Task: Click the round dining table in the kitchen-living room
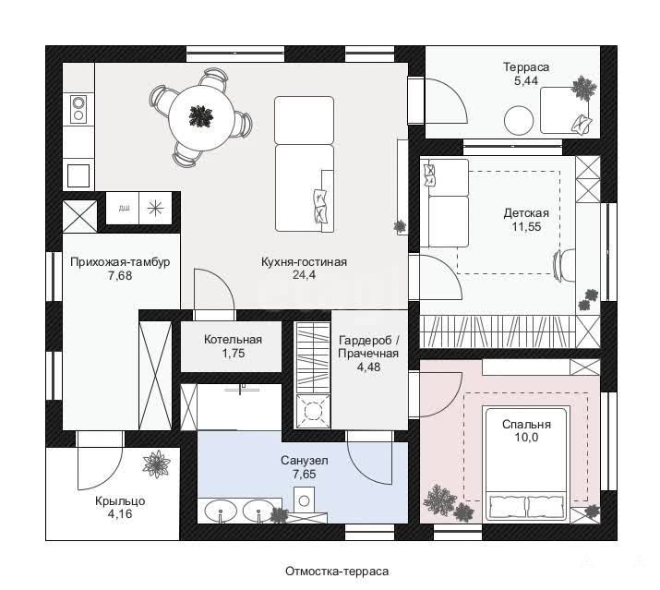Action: (x=201, y=118)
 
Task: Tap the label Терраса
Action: (x=526, y=67)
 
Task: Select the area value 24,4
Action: (x=304, y=275)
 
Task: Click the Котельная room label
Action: (x=233, y=340)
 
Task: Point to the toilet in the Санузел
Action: (x=304, y=500)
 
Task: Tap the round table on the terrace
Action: (x=519, y=120)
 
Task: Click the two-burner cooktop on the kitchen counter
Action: (x=78, y=109)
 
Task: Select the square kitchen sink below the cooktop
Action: (x=78, y=175)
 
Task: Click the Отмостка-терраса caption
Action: (x=337, y=572)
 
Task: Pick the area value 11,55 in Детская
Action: (x=526, y=227)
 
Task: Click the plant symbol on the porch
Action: (x=156, y=464)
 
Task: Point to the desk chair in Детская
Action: (x=564, y=265)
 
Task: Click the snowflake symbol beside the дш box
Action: (x=155, y=208)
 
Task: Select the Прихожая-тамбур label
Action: (x=120, y=262)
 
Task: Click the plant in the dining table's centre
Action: (x=201, y=115)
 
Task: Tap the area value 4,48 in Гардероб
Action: (x=368, y=367)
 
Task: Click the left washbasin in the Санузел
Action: (x=220, y=512)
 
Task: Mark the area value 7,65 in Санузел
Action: (x=304, y=475)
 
